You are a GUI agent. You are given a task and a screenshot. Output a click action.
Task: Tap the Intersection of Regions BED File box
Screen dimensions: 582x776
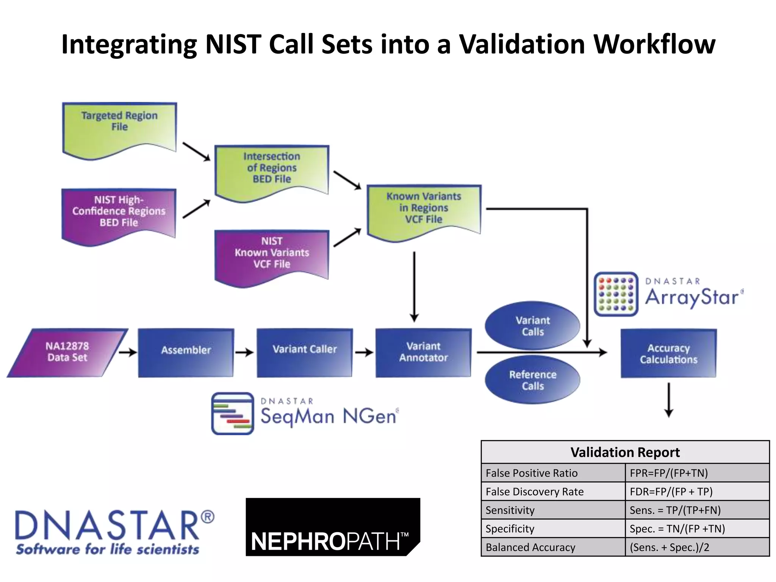272,171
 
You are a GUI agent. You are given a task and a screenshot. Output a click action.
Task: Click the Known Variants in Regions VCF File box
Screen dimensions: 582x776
424,210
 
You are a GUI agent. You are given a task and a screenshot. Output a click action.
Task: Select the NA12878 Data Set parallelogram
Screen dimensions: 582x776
67,352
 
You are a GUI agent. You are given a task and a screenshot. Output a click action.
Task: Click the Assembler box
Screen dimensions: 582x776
186,352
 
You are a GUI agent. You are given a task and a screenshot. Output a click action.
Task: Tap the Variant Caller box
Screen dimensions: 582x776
305,352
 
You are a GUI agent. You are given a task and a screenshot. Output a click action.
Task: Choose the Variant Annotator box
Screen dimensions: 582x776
423,352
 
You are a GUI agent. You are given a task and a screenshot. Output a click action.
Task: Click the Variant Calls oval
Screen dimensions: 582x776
532,326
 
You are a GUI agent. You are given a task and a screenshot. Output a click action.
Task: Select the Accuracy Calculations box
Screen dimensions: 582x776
668,353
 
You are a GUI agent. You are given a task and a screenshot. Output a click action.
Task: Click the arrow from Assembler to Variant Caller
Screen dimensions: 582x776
244,352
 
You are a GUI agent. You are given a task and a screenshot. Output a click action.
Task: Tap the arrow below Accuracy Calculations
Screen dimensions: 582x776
669,400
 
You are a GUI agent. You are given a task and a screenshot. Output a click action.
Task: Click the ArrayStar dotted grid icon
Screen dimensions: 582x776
616,294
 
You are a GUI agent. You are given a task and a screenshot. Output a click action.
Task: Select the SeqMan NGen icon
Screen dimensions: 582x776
233,413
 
